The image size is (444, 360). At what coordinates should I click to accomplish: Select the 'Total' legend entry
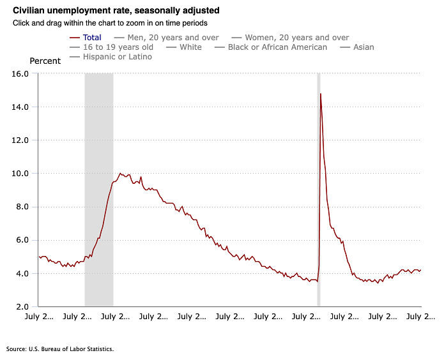(x=92, y=38)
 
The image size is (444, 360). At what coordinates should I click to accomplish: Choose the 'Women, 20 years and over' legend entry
(x=296, y=38)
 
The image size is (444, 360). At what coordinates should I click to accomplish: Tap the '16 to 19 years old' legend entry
(x=118, y=47)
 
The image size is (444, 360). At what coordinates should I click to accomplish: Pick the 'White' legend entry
(x=190, y=47)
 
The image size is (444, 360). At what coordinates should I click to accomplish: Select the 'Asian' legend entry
(x=364, y=47)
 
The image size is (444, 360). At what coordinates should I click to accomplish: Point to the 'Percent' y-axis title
(x=45, y=61)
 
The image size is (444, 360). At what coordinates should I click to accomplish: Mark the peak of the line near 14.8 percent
(x=320, y=94)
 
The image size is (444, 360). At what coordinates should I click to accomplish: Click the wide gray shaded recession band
(x=99, y=191)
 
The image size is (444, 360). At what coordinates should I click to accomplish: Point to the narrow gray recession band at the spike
(x=319, y=191)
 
